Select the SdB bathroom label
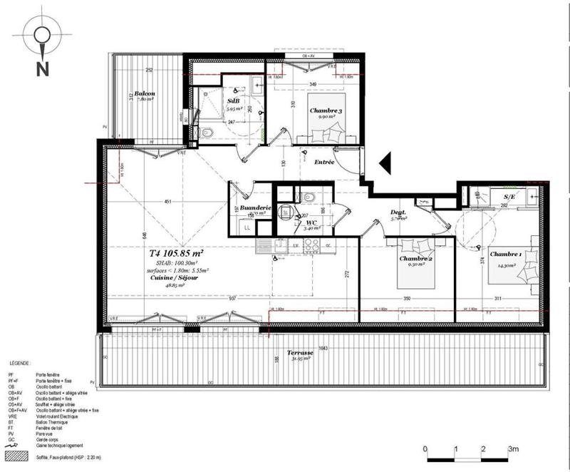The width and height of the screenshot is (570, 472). pos(233,101)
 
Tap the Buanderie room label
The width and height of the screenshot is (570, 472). pos(254,208)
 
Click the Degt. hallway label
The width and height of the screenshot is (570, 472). pos(398,212)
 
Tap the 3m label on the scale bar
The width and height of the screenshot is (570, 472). pos(513,449)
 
